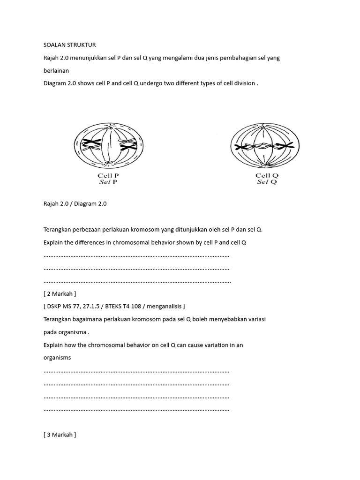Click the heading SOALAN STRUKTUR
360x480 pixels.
[x=69, y=45]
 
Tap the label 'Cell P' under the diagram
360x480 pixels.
[x=108, y=176]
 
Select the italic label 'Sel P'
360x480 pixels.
[x=108, y=182]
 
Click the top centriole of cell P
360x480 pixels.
[x=109, y=127]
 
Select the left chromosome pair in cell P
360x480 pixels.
[x=92, y=145]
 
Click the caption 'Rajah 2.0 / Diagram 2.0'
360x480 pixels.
[x=75, y=204]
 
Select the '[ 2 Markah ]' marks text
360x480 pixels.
[x=60, y=293]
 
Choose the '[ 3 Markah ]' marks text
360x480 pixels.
[x=60, y=435]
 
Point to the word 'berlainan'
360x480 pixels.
[x=56, y=70]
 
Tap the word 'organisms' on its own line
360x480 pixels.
[x=57, y=357]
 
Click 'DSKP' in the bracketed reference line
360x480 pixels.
[x=54, y=306]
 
